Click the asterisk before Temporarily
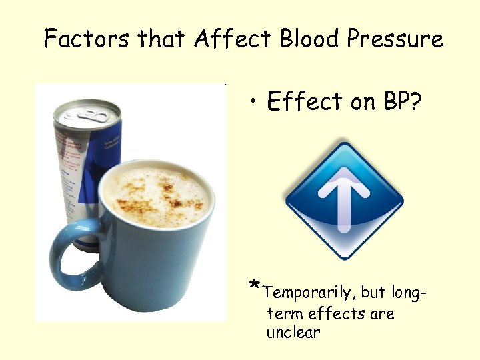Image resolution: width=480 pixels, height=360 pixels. tap(254, 287)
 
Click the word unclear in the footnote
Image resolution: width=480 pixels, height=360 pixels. tap(293, 332)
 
